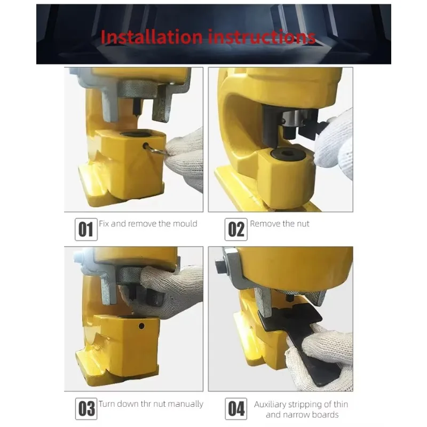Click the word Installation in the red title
pos(151,37)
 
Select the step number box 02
pos(236,230)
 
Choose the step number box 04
pos(236,409)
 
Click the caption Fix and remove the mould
pos(148,223)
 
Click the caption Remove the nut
pos(279,223)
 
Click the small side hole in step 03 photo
pos(142,326)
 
